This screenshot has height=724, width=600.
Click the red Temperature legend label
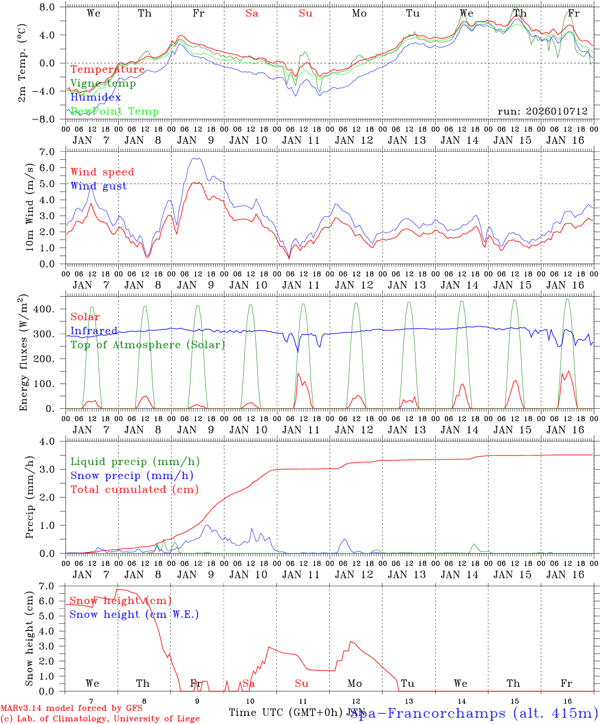point(108,69)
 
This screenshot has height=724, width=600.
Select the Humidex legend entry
point(95,98)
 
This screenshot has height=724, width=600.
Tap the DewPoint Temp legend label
point(115,112)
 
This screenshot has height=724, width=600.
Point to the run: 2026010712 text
point(542,112)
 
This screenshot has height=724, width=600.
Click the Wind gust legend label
point(98,186)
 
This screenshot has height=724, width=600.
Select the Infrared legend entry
point(94,331)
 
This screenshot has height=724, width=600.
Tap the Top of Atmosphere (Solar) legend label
point(147,345)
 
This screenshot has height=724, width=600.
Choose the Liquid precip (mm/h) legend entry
point(135,462)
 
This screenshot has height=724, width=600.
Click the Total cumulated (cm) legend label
point(134,489)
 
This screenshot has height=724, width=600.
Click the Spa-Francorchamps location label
point(474,713)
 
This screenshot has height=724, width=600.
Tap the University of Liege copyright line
point(100,719)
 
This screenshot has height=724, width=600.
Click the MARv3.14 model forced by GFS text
point(71,708)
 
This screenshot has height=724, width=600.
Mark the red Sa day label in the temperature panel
point(252,14)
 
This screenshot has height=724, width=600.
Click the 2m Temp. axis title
point(22,63)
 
